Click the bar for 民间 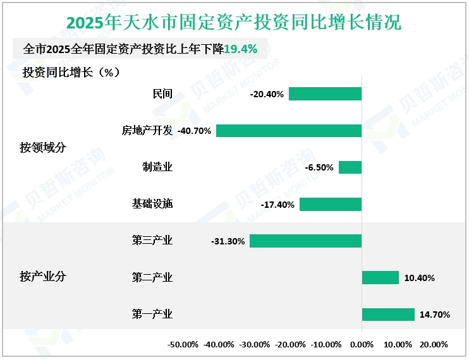click(x=325, y=94)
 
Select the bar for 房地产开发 click(x=289, y=131)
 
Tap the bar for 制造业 click(x=350, y=167)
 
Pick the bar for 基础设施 click(x=331, y=204)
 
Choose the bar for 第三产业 click(x=305, y=241)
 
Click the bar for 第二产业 click(x=380, y=277)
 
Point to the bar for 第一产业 click(x=388, y=314)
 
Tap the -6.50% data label click(x=319, y=167)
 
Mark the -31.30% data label click(x=228, y=241)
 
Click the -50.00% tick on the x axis click(x=183, y=345)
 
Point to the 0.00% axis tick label click(x=362, y=345)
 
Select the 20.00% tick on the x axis click(x=434, y=345)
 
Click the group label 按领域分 click(x=43, y=148)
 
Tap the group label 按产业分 click(x=43, y=277)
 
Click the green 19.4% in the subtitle click(x=241, y=49)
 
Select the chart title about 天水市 click(x=234, y=23)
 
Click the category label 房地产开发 click(x=147, y=131)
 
